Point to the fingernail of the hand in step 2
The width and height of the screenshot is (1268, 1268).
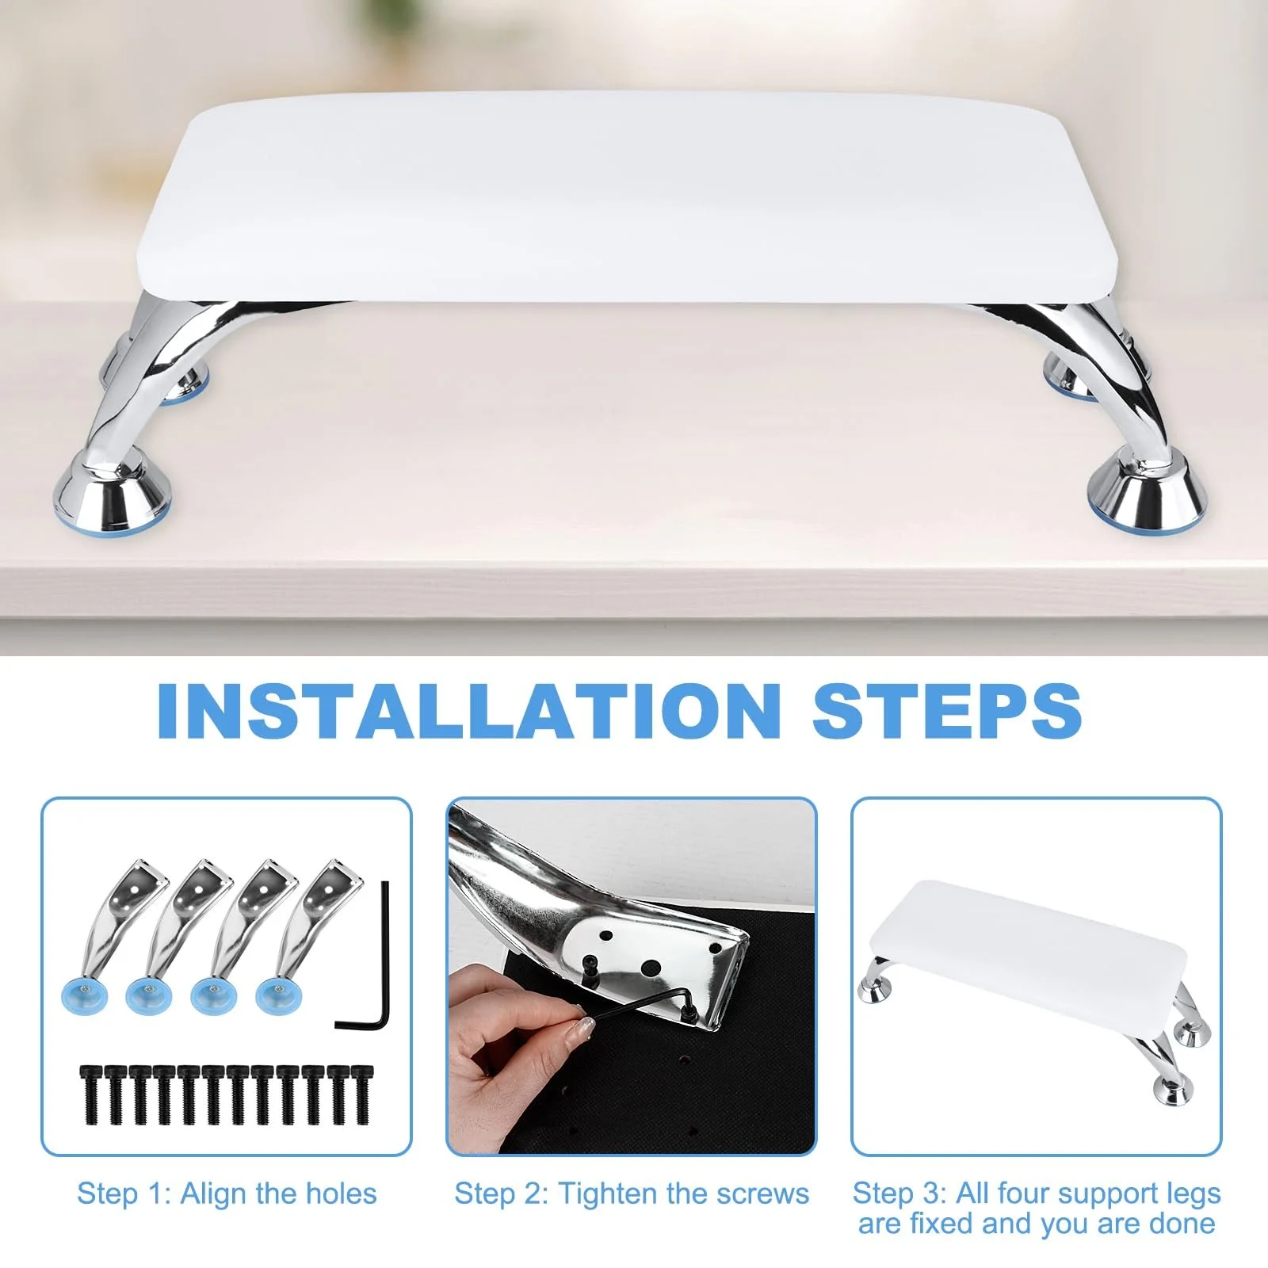(585, 1027)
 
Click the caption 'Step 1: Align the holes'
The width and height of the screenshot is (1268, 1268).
(227, 1193)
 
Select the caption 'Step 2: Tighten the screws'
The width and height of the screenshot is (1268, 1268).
(632, 1193)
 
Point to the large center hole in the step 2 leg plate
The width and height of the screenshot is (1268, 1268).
(651, 967)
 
